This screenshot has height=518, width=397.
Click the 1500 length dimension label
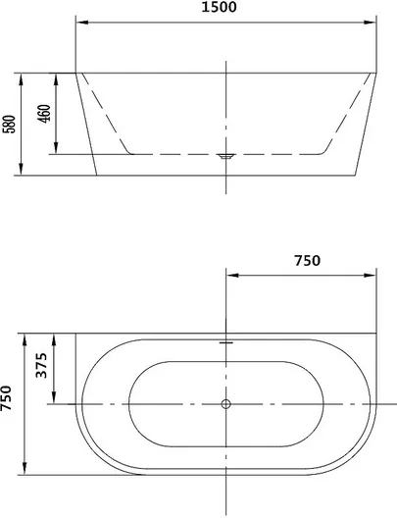(219, 7)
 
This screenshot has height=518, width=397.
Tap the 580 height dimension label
(9, 124)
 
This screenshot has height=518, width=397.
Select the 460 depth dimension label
(44, 114)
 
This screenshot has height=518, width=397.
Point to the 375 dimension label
(41, 365)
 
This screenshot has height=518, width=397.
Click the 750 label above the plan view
(307, 261)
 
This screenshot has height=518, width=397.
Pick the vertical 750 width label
(6, 398)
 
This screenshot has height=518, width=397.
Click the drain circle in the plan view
(226, 403)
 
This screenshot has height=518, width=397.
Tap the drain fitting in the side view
(225, 156)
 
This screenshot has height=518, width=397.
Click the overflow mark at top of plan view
(226, 342)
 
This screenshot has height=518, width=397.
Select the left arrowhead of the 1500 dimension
(81, 23)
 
